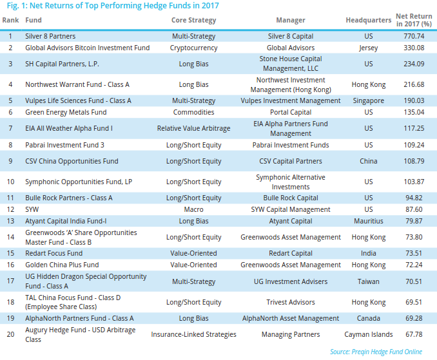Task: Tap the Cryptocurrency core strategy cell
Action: (193, 48)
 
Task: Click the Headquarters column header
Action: (368, 20)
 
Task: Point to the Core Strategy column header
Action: (193, 20)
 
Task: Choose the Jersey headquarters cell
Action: (368, 48)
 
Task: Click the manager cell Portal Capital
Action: (291, 111)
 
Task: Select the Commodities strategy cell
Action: (193, 111)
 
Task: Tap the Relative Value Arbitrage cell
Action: (193, 128)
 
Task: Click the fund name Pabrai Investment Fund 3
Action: (64, 145)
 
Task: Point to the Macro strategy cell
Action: (193, 209)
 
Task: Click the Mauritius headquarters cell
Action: (368, 221)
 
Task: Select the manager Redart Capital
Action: (291, 253)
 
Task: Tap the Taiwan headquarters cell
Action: (368, 281)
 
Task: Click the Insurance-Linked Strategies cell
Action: (193, 334)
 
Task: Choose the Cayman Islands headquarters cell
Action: (368, 334)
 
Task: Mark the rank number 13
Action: (10, 221)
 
